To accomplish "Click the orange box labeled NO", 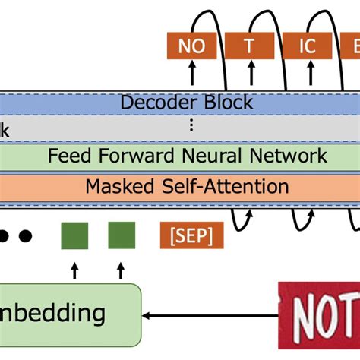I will (x=192, y=46).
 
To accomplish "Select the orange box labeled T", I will (x=248, y=46).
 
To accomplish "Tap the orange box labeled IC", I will (x=306, y=46).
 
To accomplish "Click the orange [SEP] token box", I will (x=192, y=235).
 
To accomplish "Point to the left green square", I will (x=74, y=235).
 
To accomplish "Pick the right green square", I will (x=122, y=235).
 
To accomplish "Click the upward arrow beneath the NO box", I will (x=192, y=74).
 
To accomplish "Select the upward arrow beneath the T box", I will (x=248, y=74).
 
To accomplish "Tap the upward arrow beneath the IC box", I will (x=306, y=74).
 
